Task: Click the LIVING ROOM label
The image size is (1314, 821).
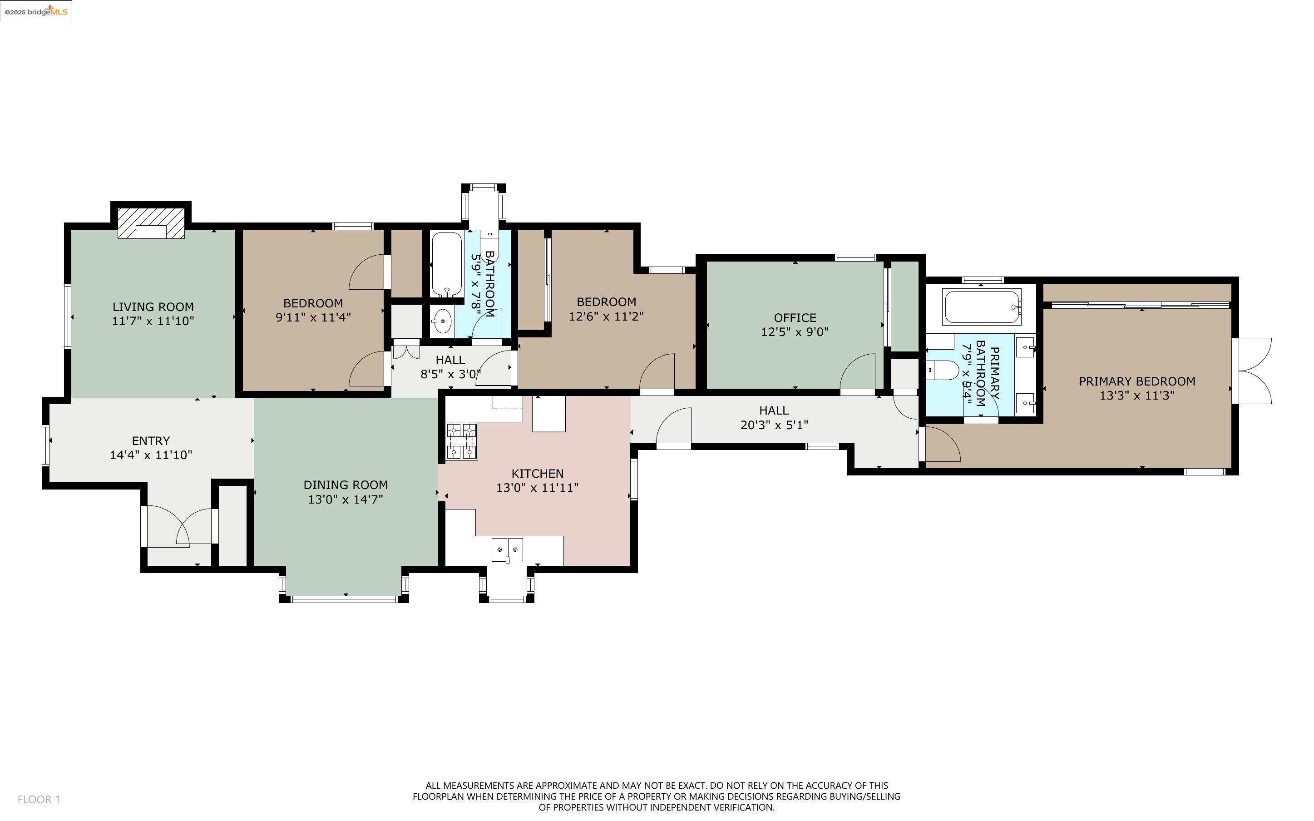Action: (x=153, y=307)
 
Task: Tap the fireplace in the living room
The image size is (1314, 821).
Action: (x=152, y=223)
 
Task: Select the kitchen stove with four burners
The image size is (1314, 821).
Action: (x=462, y=442)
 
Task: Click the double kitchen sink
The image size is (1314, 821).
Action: (x=508, y=549)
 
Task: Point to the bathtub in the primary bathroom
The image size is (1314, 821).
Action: (x=983, y=307)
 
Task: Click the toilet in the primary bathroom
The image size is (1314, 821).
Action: (x=944, y=371)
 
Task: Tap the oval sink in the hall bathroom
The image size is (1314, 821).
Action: (x=442, y=321)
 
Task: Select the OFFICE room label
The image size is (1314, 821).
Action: (x=795, y=318)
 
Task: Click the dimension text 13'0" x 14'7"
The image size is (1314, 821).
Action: (x=346, y=500)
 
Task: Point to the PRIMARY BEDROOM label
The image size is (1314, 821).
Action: (x=1137, y=381)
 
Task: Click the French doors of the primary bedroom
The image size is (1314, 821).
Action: (x=1252, y=371)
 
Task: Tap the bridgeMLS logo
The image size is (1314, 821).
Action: (x=36, y=11)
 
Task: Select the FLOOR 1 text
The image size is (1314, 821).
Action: (x=39, y=799)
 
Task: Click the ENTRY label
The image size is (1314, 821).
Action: (x=151, y=441)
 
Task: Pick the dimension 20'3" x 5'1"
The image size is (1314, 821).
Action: (x=774, y=425)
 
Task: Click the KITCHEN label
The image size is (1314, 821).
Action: (x=537, y=474)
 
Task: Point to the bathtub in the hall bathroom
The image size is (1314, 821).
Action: (x=447, y=264)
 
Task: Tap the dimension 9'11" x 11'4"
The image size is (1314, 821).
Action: (x=313, y=317)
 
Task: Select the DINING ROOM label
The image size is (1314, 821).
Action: (x=346, y=485)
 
